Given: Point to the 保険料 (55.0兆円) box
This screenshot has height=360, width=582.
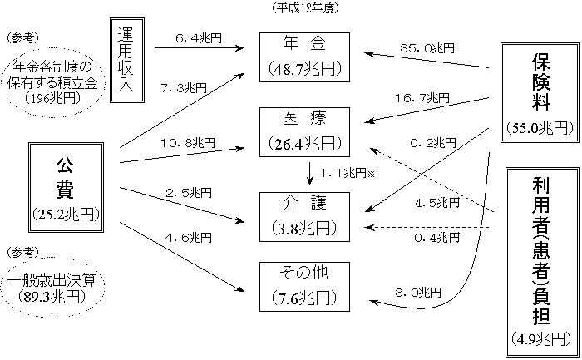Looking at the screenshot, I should (539, 91).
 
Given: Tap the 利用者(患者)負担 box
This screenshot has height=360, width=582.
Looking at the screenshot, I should (539, 259).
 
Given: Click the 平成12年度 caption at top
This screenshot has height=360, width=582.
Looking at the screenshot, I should (305, 7).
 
